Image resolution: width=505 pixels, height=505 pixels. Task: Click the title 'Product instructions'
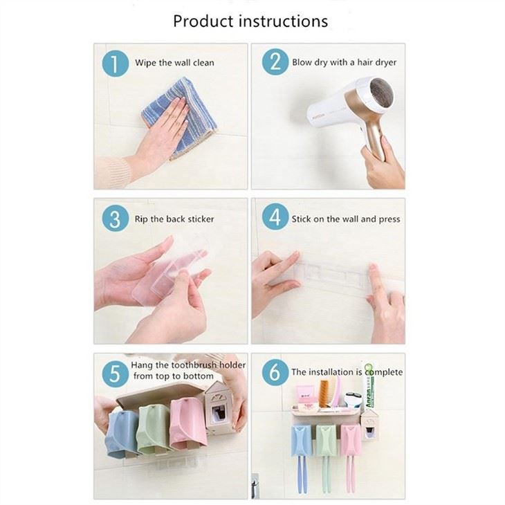pos(250,21)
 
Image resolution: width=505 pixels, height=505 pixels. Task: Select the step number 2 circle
pos(275,62)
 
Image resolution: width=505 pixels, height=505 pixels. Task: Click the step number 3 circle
pos(115,219)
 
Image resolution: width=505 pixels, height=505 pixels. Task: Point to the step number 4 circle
pos(275,219)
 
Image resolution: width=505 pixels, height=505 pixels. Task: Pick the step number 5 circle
pos(115,374)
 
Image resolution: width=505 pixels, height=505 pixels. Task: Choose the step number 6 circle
pos(275,372)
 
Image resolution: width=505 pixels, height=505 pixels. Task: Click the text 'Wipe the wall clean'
pos(174,63)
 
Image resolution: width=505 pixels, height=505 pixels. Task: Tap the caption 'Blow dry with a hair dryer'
pos(344,63)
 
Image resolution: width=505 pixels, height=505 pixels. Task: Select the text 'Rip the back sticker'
pos(174,219)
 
